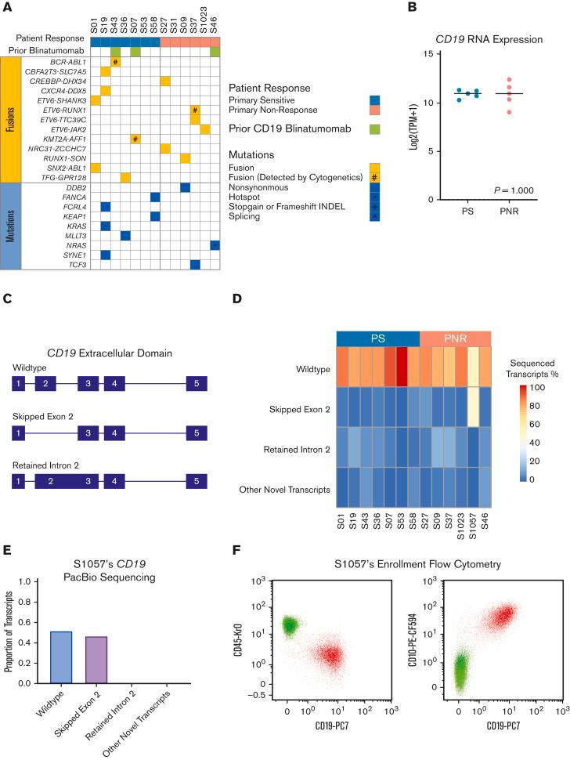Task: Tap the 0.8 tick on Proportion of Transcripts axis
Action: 35,602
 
